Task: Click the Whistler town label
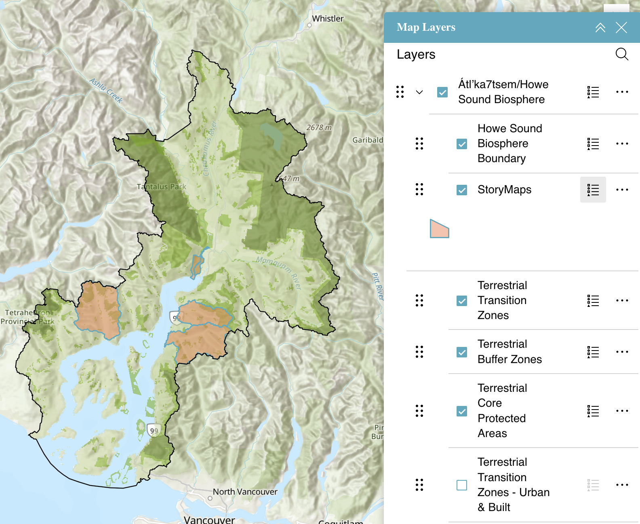pyautogui.click(x=327, y=19)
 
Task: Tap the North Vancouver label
pyautogui.click(x=245, y=492)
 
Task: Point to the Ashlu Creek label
pyautogui.click(x=106, y=90)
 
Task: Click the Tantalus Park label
pyautogui.click(x=161, y=187)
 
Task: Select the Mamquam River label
pyautogui.click(x=279, y=273)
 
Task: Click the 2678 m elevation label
pyautogui.click(x=319, y=128)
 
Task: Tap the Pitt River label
pyautogui.click(x=377, y=286)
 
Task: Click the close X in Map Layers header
pyautogui.click(x=621, y=27)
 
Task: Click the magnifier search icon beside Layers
pyautogui.click(x=621, y=54)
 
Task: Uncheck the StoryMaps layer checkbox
pyautogui.click(x=462, y=190)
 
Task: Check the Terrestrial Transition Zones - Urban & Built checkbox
pyautogui.click(x=462, y=485)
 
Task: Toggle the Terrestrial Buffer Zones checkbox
pyautogui.click(x=462, y=352)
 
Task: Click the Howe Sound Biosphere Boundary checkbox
pyautogui.click(x=462, y=144)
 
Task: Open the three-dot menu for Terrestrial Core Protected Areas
pyautogui.click(x=622, y=411)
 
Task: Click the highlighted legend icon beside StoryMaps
pyautogui.click(x=593, y=190)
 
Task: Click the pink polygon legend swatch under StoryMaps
pyautogui.click(x=439, y=229)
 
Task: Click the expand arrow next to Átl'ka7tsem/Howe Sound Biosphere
pyautogui.click(x=419, y=92)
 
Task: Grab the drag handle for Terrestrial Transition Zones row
pyautogui.click(x=419, y=300)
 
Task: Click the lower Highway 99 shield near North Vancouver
pyautogui.click(x=154, y=431)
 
